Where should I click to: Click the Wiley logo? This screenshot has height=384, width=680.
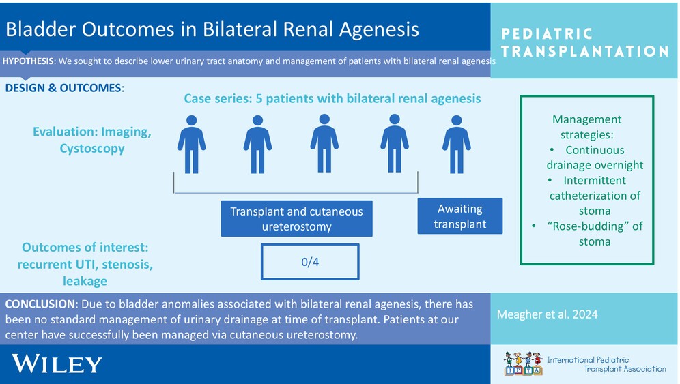point(57,364)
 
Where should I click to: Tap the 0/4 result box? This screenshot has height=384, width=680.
point(310,262)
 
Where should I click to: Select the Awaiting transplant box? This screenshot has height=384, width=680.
point(460,216)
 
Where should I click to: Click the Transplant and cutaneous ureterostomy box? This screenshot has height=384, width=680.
point(296,218)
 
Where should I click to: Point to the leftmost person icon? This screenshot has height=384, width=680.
point(192,145)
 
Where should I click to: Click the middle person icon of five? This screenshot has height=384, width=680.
point(324,143)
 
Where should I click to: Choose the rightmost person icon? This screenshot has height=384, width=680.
point(457,145)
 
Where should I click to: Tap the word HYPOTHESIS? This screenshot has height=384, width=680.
point(28,61)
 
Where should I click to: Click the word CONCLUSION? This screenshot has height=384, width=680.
point(40,304)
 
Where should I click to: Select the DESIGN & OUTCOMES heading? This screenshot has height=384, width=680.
point(64,88)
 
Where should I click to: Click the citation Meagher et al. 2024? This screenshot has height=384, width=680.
point(548,314)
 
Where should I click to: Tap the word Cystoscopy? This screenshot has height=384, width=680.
point(92,149)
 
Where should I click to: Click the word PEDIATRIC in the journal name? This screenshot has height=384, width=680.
point(547,34)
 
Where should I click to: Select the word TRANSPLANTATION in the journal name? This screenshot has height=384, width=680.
point(585,52)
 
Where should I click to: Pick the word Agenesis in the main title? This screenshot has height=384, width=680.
point(379,30)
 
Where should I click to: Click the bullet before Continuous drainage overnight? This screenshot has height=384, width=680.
point(552,150)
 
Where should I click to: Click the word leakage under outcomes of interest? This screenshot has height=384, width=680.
point(85,281)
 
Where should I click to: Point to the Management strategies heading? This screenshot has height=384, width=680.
point(586,127)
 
